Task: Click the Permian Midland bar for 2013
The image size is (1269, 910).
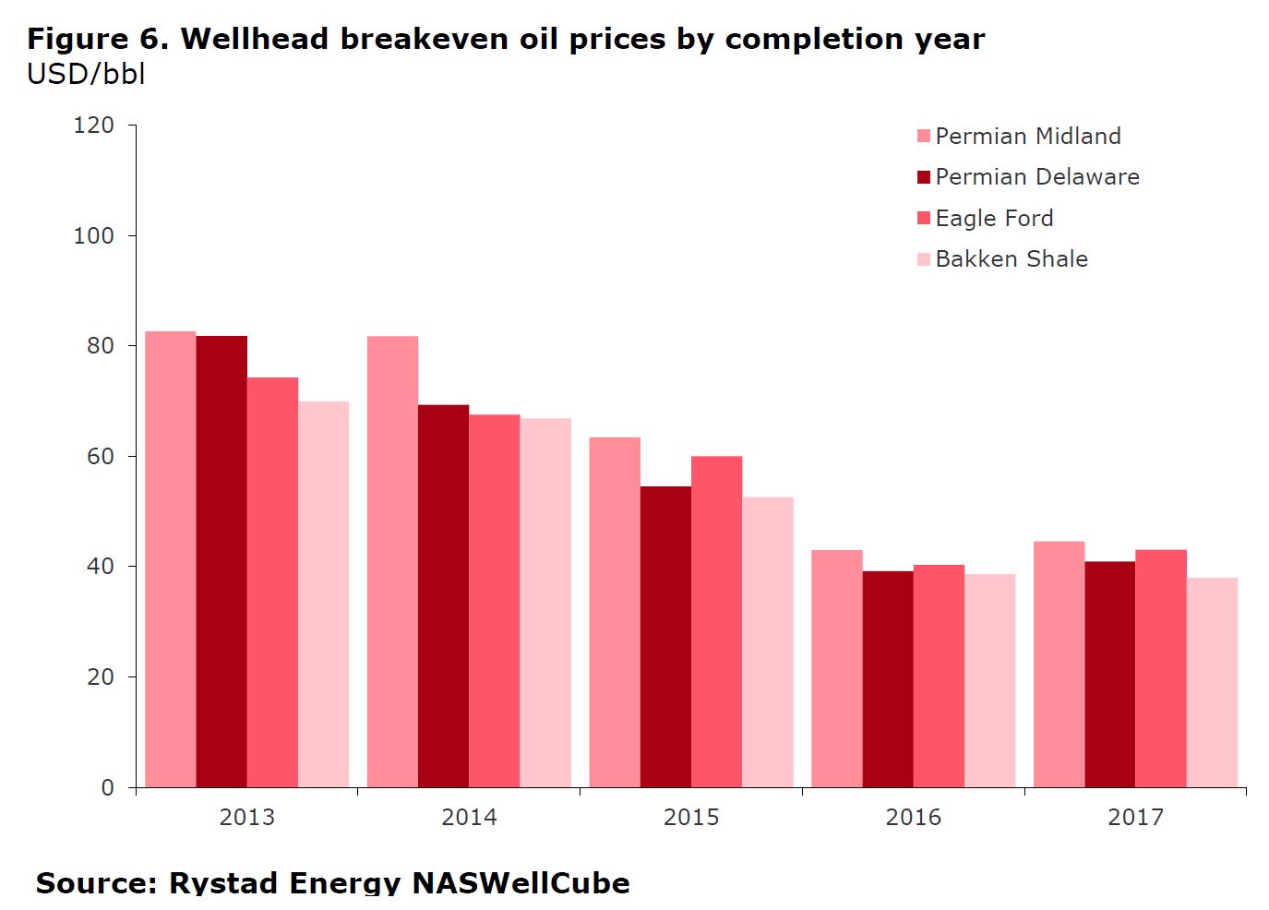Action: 171,559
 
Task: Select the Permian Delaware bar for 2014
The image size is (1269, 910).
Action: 444,596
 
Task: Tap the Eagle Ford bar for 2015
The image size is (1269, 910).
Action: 716,622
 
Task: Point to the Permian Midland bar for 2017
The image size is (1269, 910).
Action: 1059,665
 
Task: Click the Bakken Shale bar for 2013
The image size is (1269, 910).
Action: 324,594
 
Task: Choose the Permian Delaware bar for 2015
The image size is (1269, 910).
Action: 665,637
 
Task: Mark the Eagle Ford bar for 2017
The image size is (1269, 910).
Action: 1161,669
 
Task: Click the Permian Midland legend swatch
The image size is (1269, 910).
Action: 924,137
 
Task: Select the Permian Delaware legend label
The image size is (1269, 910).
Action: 1037,177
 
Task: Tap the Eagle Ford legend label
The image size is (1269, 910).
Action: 994,219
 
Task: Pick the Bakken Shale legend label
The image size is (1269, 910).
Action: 1012,259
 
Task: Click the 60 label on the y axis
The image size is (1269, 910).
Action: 101,457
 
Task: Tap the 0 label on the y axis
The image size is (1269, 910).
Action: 108,788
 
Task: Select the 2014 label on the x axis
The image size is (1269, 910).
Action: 469,818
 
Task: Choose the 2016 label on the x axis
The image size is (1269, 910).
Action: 914,818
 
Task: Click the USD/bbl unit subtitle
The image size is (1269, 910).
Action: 86,74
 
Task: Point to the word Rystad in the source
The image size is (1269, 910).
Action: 225,883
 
